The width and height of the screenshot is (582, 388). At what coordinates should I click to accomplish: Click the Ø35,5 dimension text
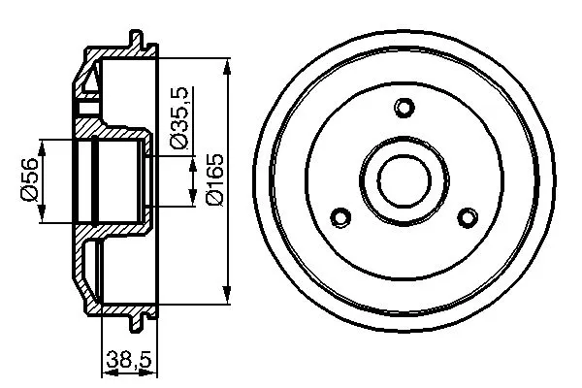178,118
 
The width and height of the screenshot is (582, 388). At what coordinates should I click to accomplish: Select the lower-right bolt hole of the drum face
468,216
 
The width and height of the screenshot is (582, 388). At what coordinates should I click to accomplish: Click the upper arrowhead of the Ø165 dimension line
227,67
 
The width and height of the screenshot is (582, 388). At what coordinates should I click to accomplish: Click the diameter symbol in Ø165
215,198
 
